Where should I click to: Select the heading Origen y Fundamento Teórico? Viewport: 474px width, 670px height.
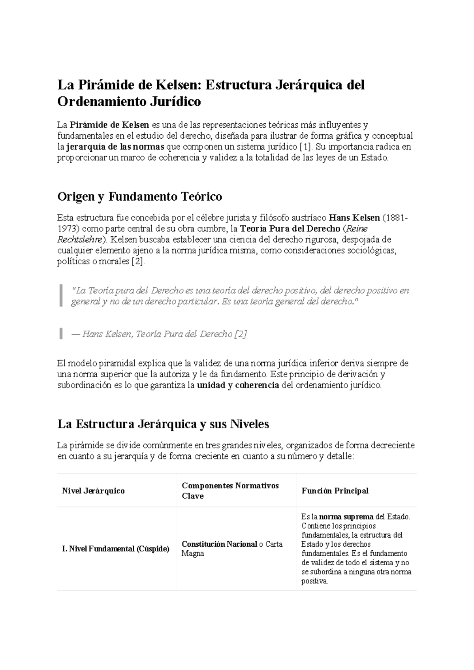140,196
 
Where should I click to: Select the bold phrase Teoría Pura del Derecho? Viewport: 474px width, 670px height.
290,229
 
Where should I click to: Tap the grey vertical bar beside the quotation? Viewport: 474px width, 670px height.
61,295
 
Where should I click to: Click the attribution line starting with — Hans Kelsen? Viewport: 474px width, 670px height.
159,334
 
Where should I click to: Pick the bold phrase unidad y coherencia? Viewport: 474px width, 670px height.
238,385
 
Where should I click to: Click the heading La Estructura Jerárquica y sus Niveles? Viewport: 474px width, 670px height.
163,424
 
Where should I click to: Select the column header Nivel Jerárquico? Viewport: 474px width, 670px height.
93,491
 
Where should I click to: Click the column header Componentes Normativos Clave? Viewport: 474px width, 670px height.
230,491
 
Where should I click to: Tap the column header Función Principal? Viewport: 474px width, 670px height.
335,491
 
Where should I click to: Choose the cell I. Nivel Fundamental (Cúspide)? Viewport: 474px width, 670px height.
116,549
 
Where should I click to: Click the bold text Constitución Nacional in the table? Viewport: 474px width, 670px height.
219,544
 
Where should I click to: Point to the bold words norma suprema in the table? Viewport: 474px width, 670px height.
346,517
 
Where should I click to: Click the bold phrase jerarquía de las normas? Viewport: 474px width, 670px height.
115,147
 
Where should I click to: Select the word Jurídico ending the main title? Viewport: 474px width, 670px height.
175,102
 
